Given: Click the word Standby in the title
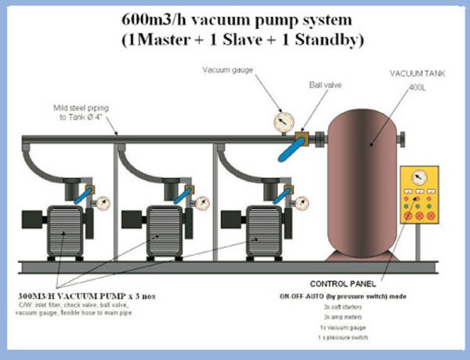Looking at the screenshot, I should (330, 41).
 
